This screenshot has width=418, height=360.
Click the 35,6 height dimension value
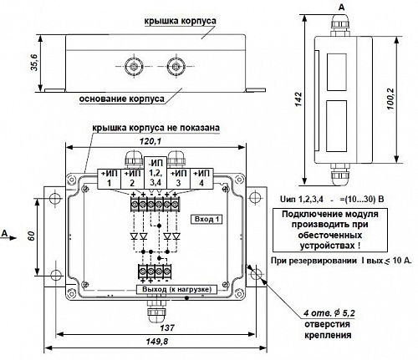[34, 63]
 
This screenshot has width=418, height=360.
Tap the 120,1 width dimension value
[150, 142]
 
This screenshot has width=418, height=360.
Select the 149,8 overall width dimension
[157, 342]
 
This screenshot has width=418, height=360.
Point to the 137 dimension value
[167, 327]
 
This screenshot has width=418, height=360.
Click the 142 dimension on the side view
[298, 99]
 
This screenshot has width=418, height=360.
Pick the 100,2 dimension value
[391, 99]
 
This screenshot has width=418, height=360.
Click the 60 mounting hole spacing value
[32, 236]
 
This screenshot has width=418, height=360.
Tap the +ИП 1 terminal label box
[109, 179]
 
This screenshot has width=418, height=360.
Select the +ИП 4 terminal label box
[201, 179]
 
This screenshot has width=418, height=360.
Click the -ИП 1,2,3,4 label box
[155, 173]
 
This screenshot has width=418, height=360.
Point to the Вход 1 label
[206, 220]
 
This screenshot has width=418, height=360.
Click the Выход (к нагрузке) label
[176, 289]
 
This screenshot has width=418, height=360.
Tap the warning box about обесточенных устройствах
[330, 230]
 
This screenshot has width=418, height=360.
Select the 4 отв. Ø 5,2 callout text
[329, 313]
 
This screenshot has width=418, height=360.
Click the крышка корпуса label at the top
[181, 21]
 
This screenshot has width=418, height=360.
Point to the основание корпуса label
[122, 99]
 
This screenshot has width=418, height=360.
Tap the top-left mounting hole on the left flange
[54, 198]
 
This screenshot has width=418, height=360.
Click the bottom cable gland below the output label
[155, 311]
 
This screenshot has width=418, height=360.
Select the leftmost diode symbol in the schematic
[135, 236]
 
